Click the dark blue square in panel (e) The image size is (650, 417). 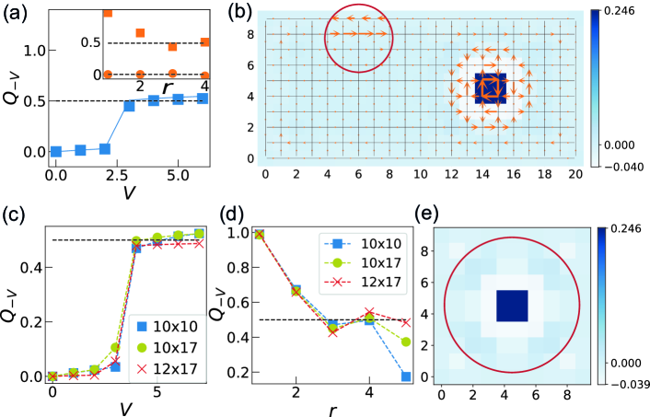click(x=511, y=306)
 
